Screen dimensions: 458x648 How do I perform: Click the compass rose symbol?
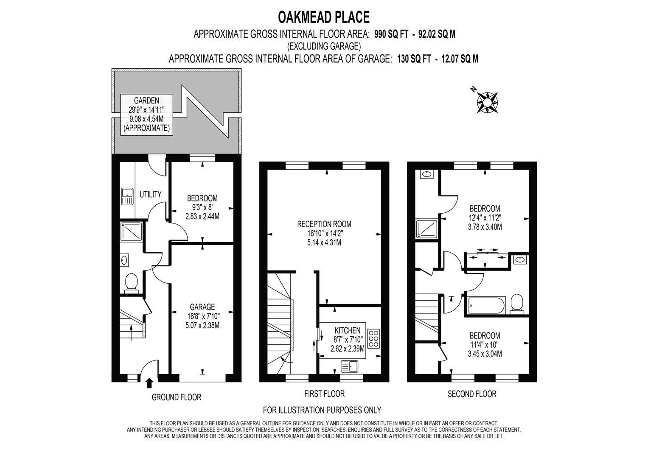(x=487, y=102)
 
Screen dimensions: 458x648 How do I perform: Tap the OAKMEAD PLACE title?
(x=324, y=17)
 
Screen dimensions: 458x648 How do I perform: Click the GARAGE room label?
(x=202, y=307)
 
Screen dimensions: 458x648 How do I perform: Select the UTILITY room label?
(x=151, y=195)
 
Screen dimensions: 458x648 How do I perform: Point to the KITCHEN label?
(x=348, y=330)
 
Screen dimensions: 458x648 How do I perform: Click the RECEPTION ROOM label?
(x=324, y=224)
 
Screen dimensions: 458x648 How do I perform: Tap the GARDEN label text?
(x=146, y=101)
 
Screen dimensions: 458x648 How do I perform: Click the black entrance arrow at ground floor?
(x=149, y=383)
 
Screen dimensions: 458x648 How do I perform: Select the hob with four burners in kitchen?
(x=373, y=339)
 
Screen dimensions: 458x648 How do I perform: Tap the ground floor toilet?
(x=131, y=283)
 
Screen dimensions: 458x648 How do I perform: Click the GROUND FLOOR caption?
(x=177, y=398)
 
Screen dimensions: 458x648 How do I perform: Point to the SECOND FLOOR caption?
(x=472, y=394)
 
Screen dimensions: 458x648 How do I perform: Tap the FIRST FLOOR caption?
(x=325, y=394)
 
